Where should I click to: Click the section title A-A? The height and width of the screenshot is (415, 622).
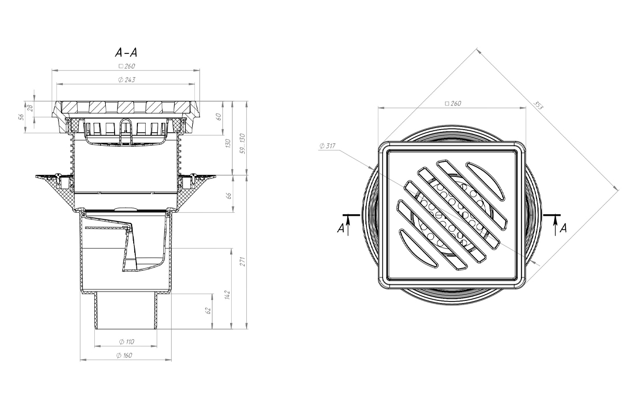126,52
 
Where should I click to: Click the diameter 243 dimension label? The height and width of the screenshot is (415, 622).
126,80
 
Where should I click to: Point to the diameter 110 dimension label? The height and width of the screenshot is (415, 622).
126,342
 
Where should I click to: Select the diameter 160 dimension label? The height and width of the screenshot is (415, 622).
124,355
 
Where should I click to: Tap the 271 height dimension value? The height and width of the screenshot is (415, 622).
243,261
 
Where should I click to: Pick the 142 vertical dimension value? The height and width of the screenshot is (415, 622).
228,295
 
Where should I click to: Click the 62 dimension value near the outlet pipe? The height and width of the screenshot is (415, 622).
208,311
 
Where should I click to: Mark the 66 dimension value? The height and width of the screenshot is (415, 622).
229,196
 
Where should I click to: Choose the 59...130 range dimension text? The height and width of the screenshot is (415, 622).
243,144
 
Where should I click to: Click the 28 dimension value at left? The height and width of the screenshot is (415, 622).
30,108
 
